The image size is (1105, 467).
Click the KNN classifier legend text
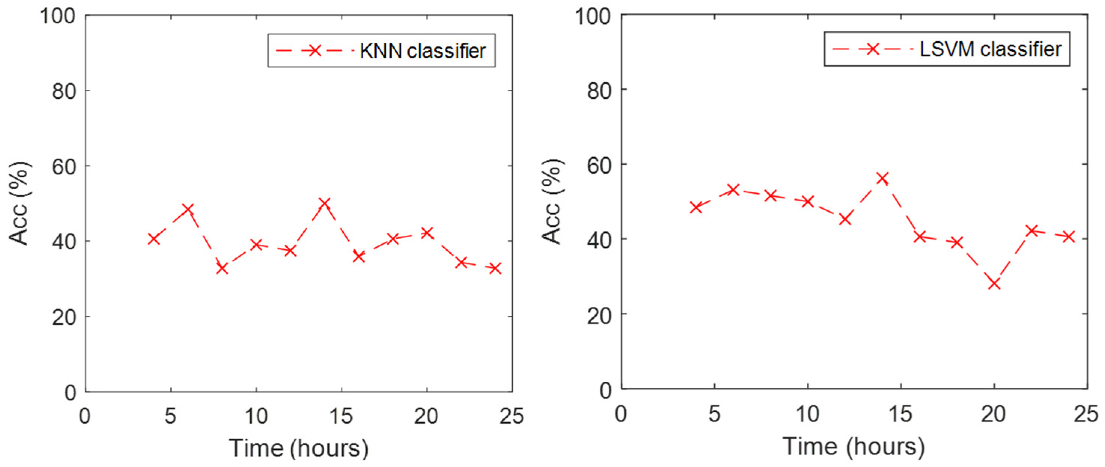(423, 51)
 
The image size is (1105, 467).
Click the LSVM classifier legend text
(991, 49)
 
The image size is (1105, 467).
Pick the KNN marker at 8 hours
(222, 269)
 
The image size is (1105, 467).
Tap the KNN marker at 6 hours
(188, 209)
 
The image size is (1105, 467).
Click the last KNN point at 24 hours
(495, 268)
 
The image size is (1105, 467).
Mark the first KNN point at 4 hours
(154, 239)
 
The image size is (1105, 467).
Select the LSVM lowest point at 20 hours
(994, 284)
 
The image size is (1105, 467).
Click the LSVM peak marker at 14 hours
(882, 178)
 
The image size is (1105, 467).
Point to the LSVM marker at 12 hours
(845, 219)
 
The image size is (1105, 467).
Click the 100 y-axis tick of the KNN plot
(57, 16)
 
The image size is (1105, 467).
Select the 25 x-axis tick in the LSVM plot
(1086, 414)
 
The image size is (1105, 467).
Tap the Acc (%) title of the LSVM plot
(552, 202)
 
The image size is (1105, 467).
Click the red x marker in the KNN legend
(315, 51)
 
